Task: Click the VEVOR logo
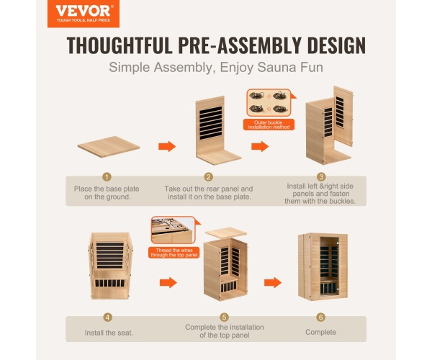84,13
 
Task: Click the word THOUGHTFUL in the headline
120,45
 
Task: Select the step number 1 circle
107,176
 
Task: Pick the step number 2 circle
209,176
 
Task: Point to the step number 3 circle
320,176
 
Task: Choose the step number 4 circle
108,318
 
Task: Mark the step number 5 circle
224,318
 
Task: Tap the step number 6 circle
320,318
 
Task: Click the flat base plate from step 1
109,147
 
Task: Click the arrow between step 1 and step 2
167,146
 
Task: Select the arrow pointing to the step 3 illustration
260,146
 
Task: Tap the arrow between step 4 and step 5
168,282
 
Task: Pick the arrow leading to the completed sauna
273,282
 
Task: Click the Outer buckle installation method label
269,125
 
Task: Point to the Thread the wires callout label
174,253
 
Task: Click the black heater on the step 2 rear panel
211,123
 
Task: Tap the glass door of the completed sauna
330,266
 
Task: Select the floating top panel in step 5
225,233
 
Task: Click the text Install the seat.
109,333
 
